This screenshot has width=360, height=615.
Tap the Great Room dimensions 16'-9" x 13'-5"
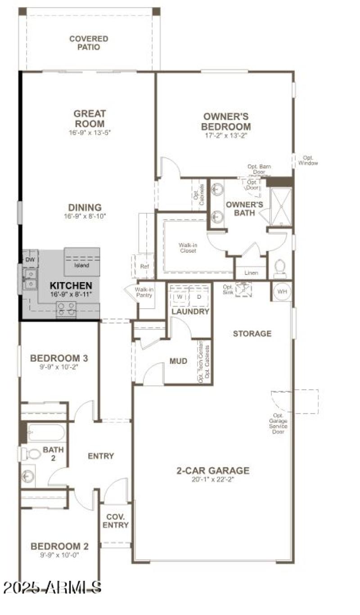pyautogui.click(x=89, y=133)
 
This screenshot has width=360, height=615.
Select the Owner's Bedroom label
pyautogui.click(x=225, y=122)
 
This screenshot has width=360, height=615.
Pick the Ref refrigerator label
pyautogui.click(x=144, y=266)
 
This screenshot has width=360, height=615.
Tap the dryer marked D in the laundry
pyautogui.click(x=199, y=297)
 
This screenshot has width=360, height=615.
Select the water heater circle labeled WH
pyautogui.click(x=282, y=292)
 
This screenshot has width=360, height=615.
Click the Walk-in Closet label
pyautogui.click(x=188, y=247)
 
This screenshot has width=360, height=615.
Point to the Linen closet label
pyautogui.click(x=251, y=273)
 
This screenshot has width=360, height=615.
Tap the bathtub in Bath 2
pyautogui.click(x=46, y=432)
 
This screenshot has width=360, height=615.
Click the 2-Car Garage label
pyautogui.click(x=212, y=471)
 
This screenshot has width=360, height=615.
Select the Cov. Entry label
pyautogui.click(x=115, y=521)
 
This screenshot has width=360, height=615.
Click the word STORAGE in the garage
pyautogui.click(x=252, y=333)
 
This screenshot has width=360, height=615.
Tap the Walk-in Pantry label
pyautogui.click(x=144, y=293)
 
